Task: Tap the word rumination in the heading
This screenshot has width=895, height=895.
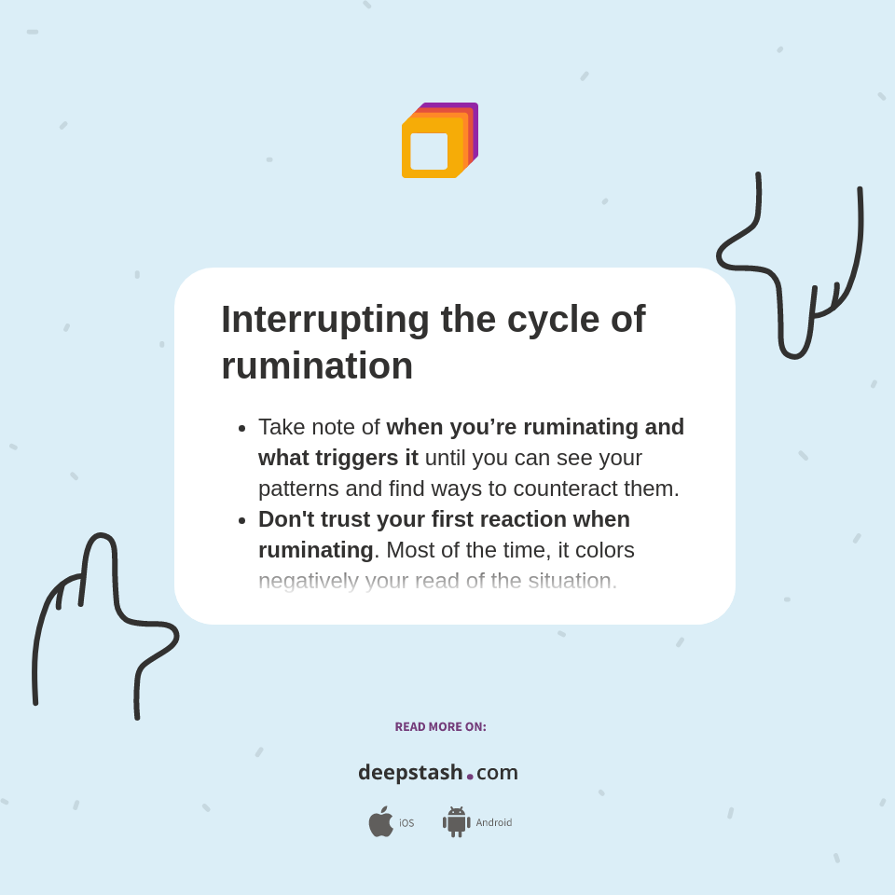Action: (x=317, y=365)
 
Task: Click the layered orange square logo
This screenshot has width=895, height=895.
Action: (x=439, y=141)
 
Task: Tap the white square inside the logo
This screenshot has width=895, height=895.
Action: (x=429, y=151)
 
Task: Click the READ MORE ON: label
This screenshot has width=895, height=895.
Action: (x=440, y=727)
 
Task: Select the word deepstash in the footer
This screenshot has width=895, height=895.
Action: (x=410, y=772)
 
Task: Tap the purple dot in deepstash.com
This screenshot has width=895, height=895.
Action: (x=470, y=776)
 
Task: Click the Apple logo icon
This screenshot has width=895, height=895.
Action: (x=380, y=822)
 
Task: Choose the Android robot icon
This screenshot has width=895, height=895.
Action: (x=456, y=822)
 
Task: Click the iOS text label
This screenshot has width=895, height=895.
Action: (x=406, y=823)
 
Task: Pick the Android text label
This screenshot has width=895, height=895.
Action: (x=493, y=823)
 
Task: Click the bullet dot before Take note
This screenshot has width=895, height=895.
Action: (x=242, y=428)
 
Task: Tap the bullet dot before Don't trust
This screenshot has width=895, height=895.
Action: (x=242, y=520)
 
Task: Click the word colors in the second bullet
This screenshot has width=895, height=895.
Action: (x=604, y=550)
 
